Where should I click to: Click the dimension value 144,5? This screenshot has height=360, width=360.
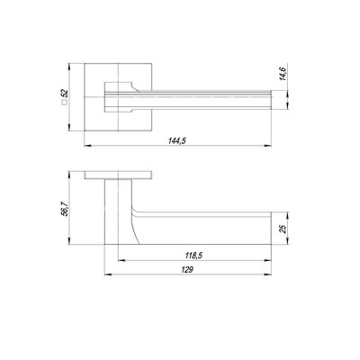click(x=177, y=140)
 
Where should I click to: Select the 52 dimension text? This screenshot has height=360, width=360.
click(x=65, y=94)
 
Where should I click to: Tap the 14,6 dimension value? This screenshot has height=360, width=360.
click(x=283, y=73)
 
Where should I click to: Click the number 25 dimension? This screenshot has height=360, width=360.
click(x=283, y=229)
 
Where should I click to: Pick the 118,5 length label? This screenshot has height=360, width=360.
click(x=193, y=256)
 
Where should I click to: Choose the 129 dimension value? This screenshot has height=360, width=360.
click(x=187, y=270)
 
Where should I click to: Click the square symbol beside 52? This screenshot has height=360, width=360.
click(x=64, y=103)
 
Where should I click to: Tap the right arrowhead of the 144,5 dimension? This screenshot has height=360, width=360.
click(x=267, y=146)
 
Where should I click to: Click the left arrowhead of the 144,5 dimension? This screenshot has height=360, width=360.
click(x=88, y=146)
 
